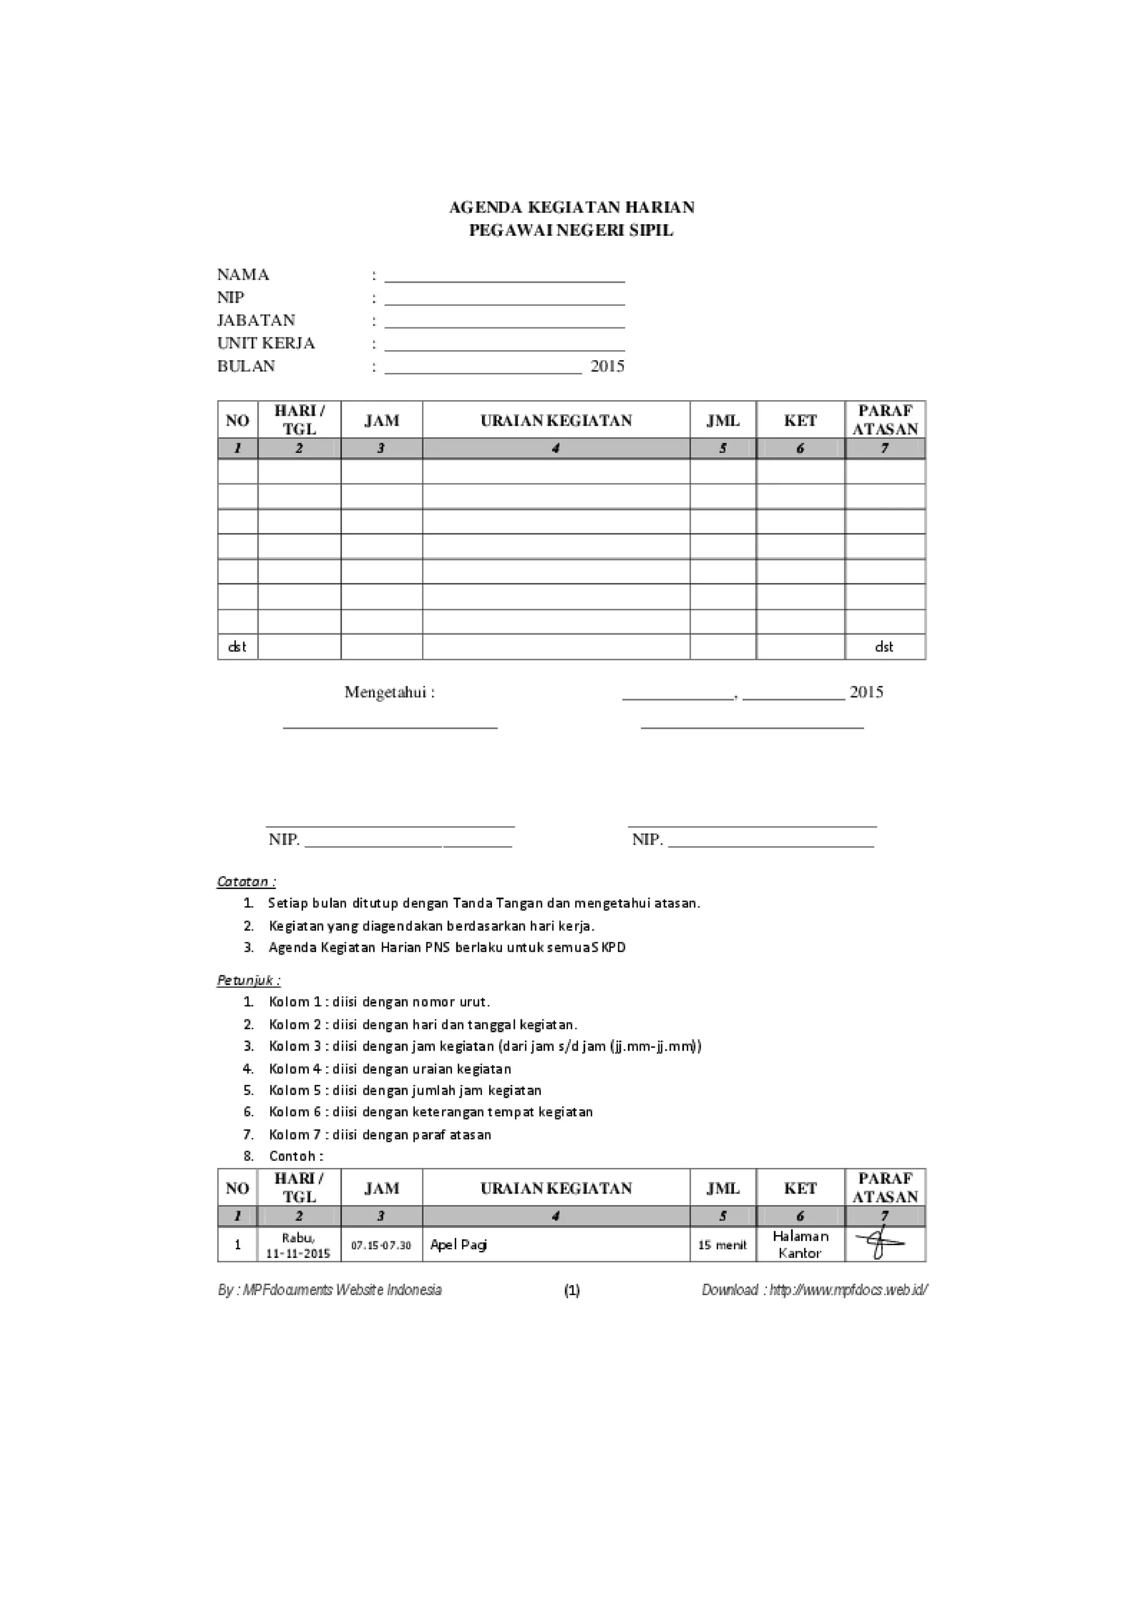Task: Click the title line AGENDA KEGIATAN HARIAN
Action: point(571,207)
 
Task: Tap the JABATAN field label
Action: point(256,321)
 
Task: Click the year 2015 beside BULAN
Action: point(607,366)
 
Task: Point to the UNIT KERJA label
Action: point(266,343)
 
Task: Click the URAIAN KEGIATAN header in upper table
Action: point(556,421)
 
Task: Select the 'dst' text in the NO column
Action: point(237,646)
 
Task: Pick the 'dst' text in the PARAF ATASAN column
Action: point(884,646)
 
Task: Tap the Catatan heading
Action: point(246,882)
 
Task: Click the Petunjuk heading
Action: point(249,981)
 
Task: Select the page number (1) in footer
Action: point(571,1290)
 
